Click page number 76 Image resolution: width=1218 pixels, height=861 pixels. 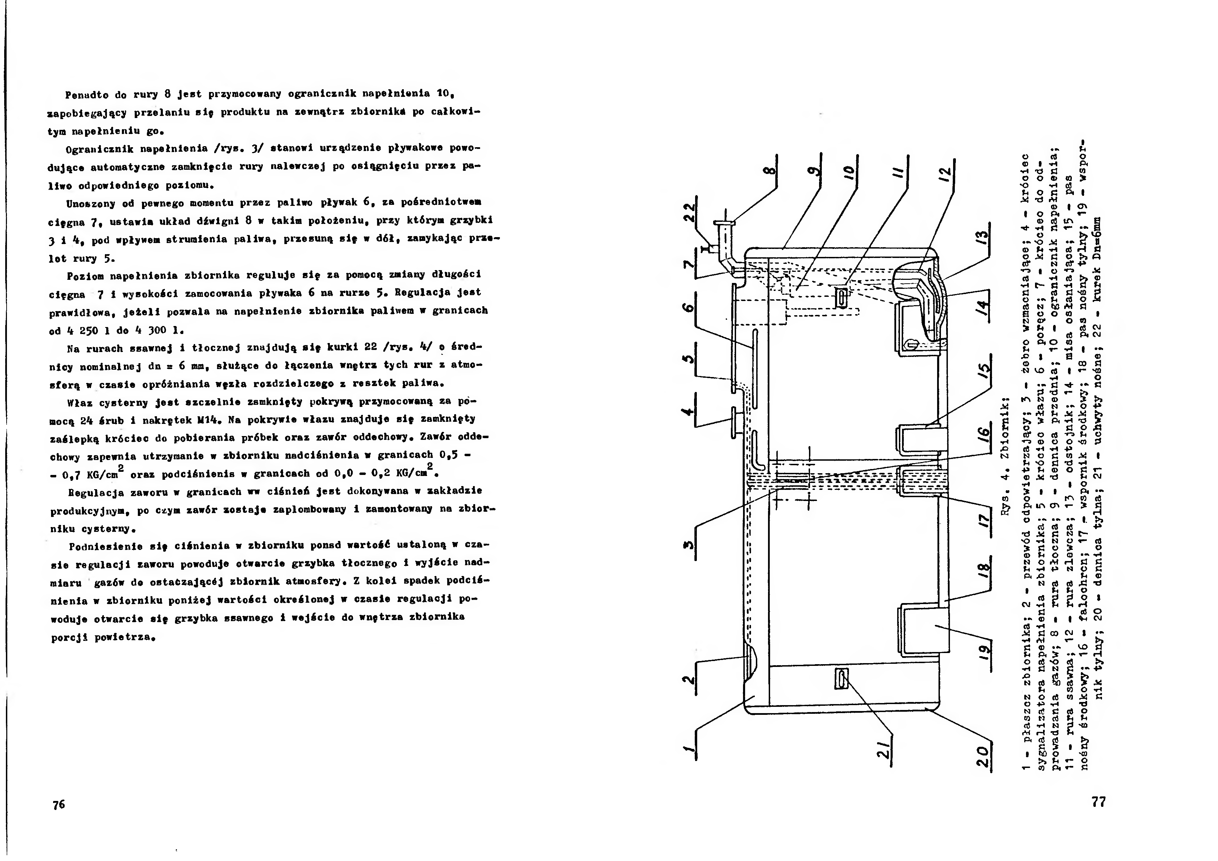59,804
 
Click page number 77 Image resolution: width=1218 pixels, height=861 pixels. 1099,802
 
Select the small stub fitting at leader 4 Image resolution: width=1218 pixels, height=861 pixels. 735,422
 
